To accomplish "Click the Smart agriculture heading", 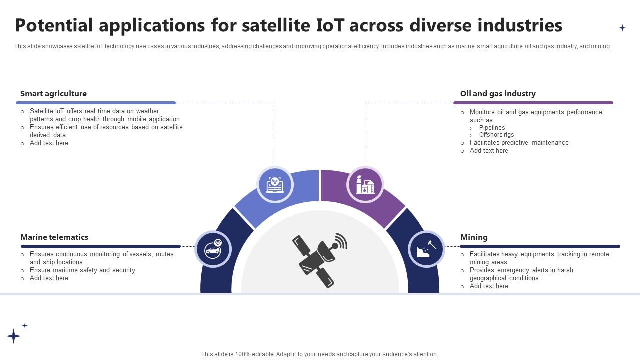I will point(53,94).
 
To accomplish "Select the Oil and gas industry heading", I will point(497,94).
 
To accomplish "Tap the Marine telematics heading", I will point(54,237).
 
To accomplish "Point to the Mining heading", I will point(474,237).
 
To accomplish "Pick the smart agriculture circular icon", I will point(274,184).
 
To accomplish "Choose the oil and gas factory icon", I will point(365,185).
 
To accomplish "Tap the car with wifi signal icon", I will point(213,249).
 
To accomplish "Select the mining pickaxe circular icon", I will point(426,249).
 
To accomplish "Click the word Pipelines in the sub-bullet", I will point(492,128).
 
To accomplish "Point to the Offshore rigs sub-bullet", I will point(496,135).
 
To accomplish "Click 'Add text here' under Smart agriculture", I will point(49,143).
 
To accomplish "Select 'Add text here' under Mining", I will point(489,286).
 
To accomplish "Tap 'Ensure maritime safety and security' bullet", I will point(82,270).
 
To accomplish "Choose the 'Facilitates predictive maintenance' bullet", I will point(519,143).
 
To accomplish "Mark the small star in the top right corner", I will point(622,28).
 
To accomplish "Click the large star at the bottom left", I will point(13,336).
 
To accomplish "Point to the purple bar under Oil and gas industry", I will point(533,103).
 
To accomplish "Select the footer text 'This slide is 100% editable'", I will point(319,354).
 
